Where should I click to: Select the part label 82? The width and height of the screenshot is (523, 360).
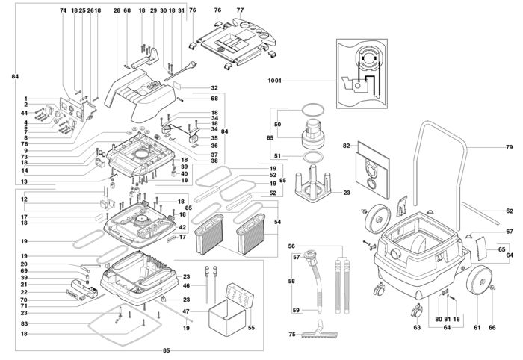click(x=347, y=146)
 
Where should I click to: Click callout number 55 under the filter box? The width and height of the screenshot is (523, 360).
click(x=250, y=327)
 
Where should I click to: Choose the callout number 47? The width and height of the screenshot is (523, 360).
click(x=187, y=311)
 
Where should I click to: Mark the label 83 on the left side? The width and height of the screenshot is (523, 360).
click(x=24, y=323)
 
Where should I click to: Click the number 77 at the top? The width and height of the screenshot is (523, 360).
click(x=240, y=10)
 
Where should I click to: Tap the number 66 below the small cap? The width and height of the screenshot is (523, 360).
click(x=492, y=327)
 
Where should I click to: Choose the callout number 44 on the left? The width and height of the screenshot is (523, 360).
click(x=24, y=112)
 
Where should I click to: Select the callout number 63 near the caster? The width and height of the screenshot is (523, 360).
click(x=416, y=327)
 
